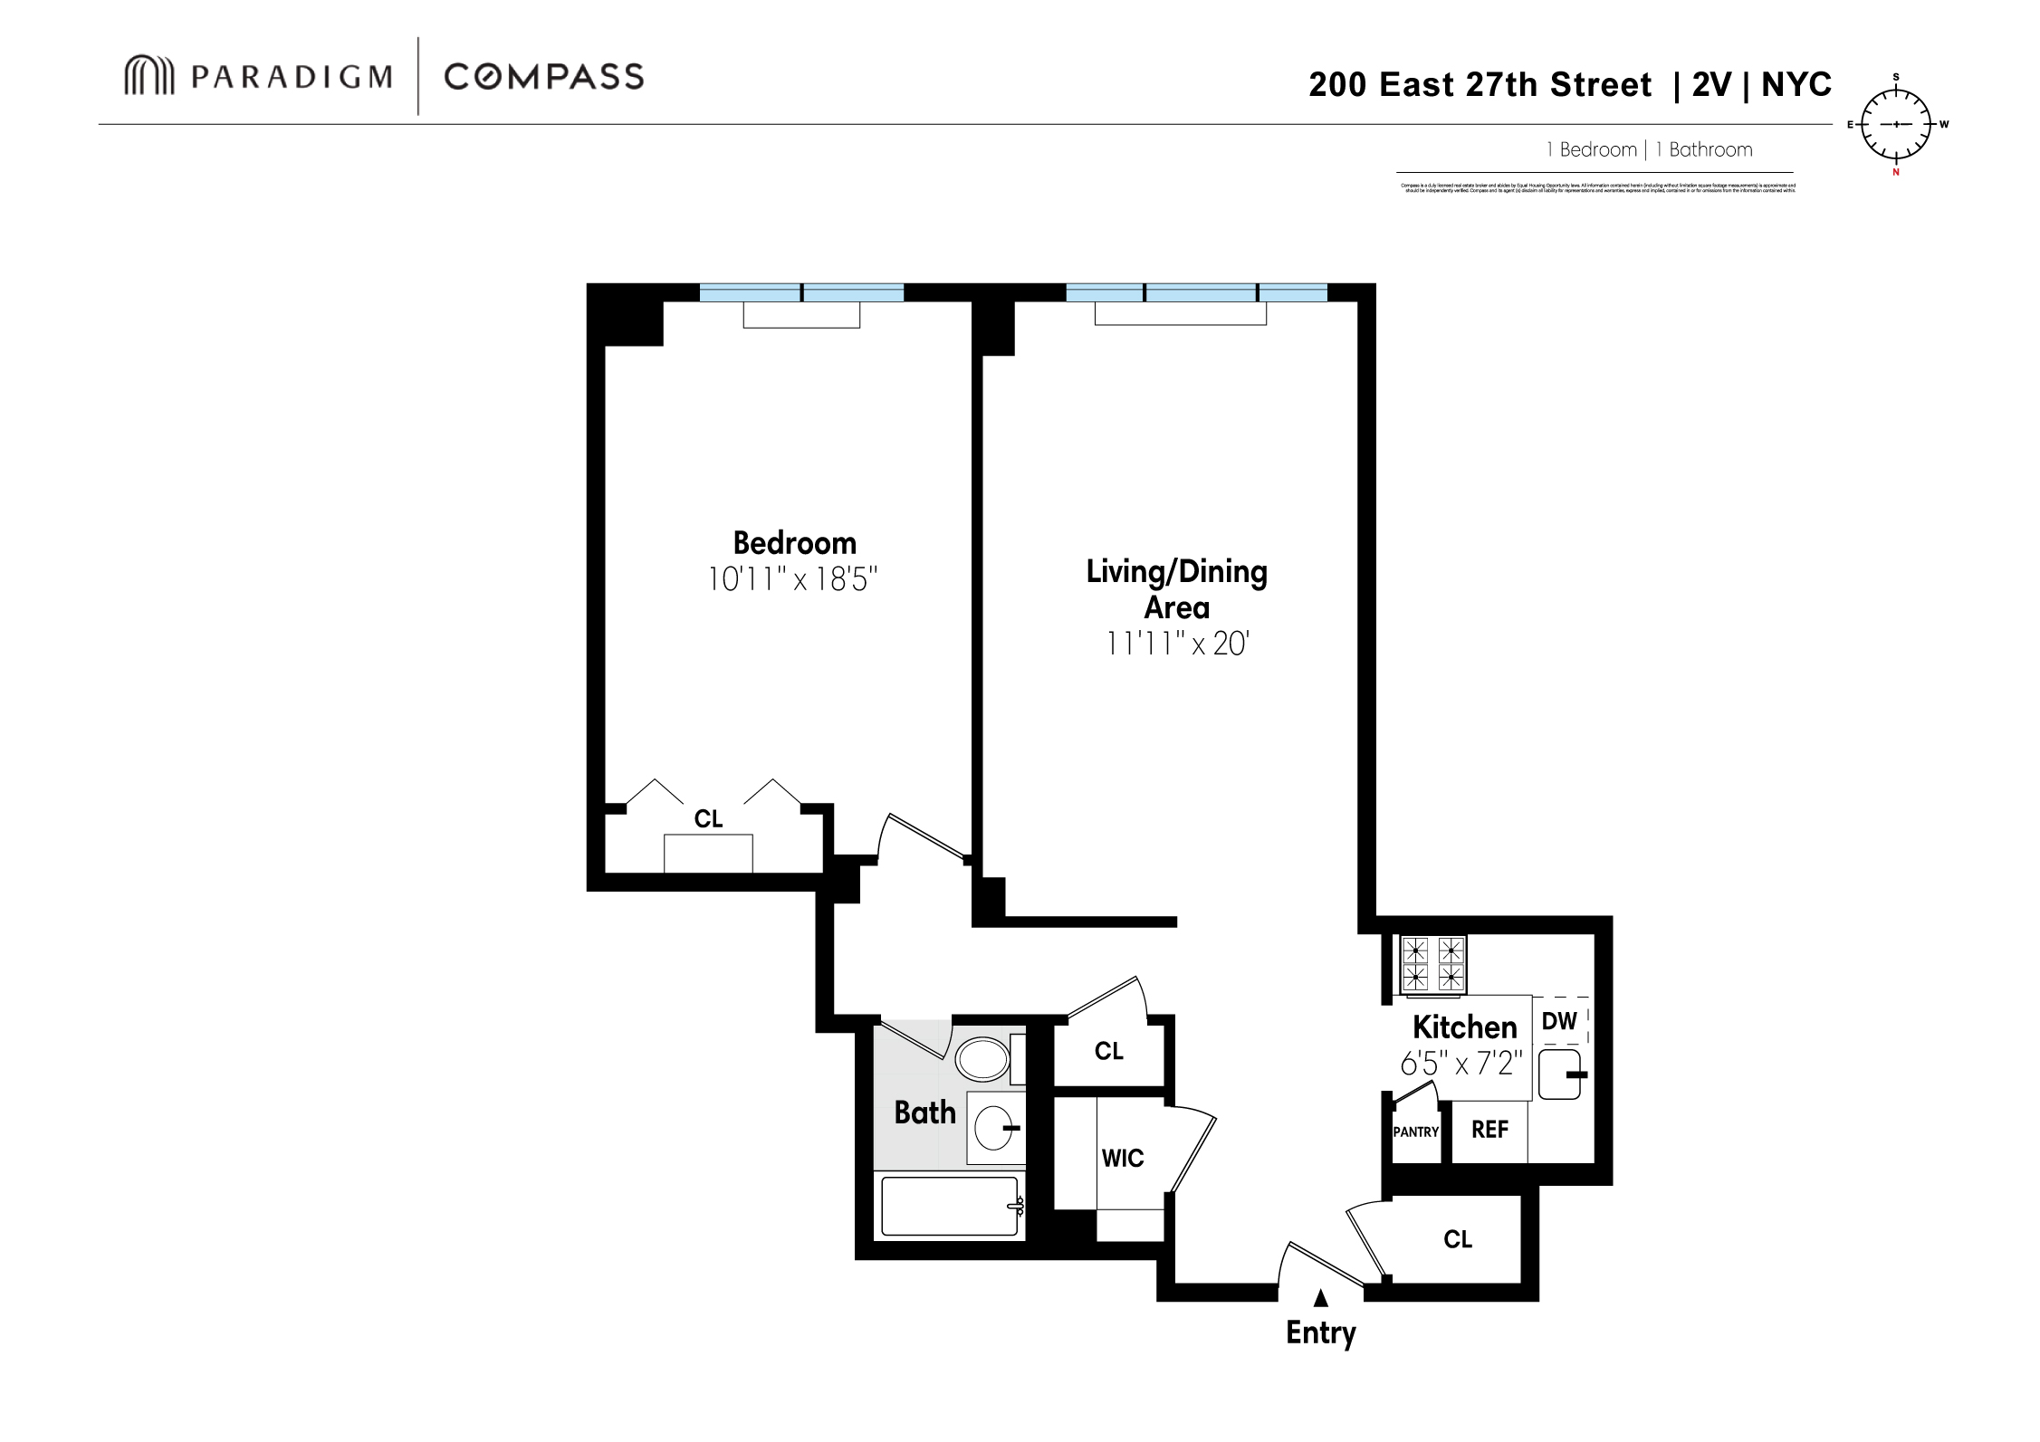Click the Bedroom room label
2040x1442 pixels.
[x=794, y=543]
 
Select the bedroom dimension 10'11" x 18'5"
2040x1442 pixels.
[x=792, y=579]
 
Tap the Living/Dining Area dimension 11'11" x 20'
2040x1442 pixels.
[x=1177, y=644]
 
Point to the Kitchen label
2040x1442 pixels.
[x=1464, y=1027]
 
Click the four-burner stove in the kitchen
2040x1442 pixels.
[x=1432, y=964]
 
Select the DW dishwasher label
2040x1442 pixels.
[x=1559, y=1021]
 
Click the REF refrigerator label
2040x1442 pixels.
[x=1489, y=1130]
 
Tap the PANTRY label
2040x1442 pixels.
[x=1415, y=1132]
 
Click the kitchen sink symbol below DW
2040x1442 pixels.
[x=1560, y=1074]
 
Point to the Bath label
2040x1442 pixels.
[x=924, y=1113]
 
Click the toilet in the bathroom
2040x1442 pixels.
[x=984, y=1059]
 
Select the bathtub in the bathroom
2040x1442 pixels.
[x=949, y=1206]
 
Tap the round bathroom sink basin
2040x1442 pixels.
[x=994, y=1128]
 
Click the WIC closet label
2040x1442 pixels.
[x=1123, y=1158]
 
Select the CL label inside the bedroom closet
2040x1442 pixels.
[x=708, y=819]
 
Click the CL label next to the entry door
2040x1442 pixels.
[x=1458, y=1239]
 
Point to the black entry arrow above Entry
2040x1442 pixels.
[x=1321, y=1298]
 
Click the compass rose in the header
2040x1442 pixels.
[x=1895, y=124]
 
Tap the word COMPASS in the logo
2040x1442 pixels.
[x=543, y=77]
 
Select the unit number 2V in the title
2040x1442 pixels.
[x=1712, y=84]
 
